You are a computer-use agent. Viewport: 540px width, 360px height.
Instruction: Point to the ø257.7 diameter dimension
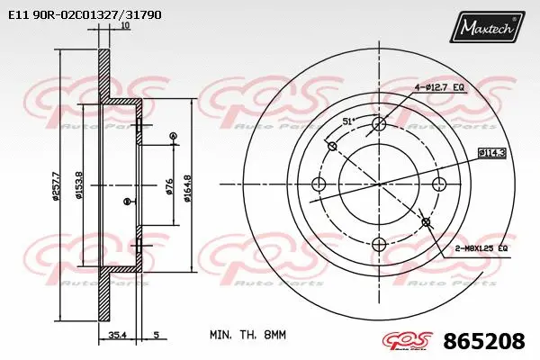tap(56, 185)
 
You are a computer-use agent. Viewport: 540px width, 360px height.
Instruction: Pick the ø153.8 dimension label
tap(79, 185)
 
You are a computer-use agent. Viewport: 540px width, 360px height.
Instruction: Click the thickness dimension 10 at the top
tap(124, 27)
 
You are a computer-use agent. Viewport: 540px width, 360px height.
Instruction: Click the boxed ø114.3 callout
tap(491, 152)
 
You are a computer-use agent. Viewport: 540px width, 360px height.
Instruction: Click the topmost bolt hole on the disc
tap(378, 123)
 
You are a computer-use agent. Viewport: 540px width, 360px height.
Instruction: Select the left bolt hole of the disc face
tap(317, 184)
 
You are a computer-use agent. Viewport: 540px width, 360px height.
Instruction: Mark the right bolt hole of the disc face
tap(439, 184)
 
